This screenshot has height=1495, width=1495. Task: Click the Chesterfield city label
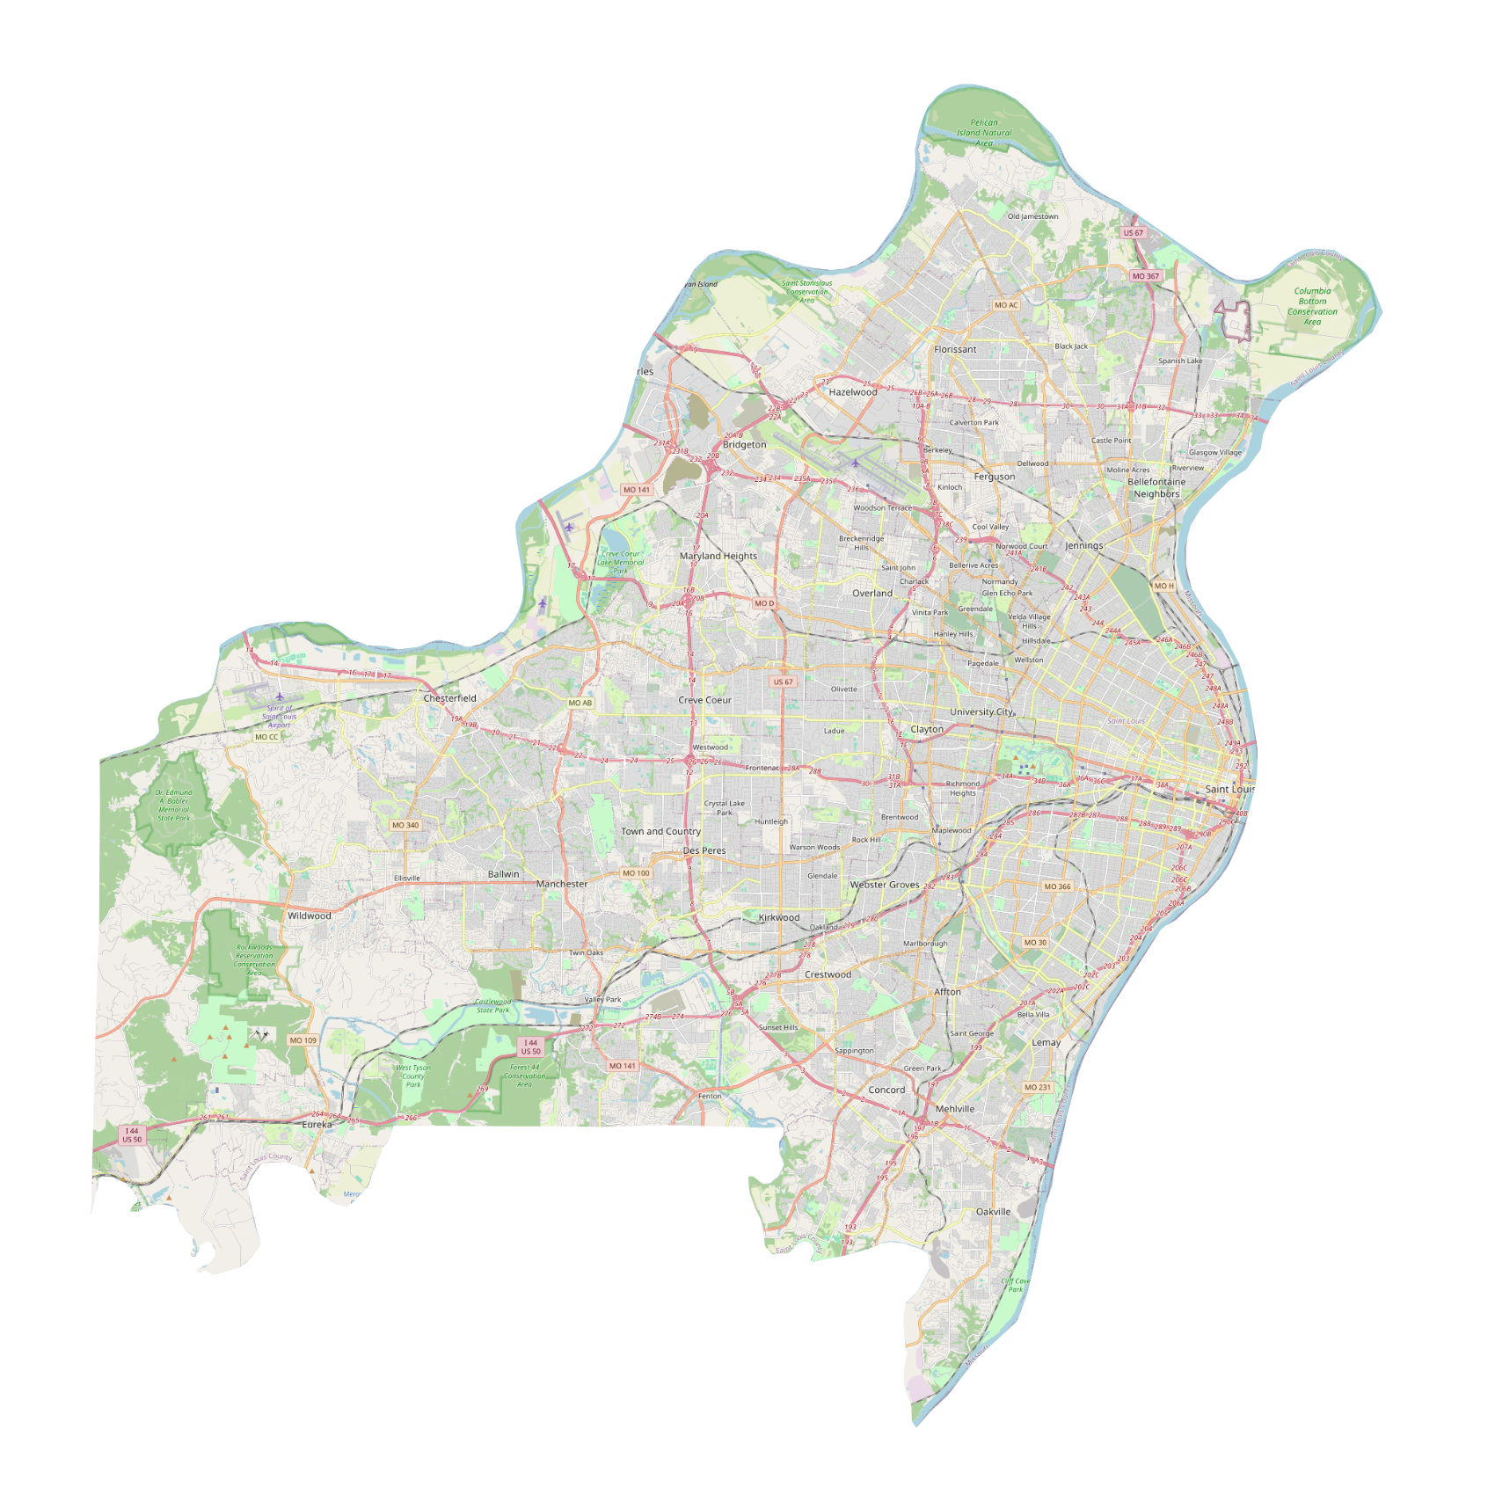click(x=449, y=698)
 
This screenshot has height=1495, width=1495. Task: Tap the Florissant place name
click(x=955, y=349)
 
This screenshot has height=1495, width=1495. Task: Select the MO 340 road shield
click(x=405, y=825)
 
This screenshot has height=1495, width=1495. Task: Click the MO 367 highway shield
click(x=1146, y=276)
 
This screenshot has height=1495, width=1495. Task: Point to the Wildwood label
click(x=310, y=915)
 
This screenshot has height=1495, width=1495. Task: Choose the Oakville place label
click(x=993, y=1212)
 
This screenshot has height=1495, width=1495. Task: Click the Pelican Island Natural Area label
click(x=984, y=133)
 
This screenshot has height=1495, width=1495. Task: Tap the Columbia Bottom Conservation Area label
click(x=1312, y=306)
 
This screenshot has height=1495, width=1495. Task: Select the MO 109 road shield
click(x=303, y=1040)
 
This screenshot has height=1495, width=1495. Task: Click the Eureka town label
click(x=317, y=1125)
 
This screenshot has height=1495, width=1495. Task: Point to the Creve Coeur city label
click(x=704, y=700)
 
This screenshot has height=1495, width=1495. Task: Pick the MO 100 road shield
click(x=636, y=873)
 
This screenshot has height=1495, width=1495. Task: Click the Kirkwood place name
click(x=779, y=917)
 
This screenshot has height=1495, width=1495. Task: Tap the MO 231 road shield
click(x=1037, y=1087)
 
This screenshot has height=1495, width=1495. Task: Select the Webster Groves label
click(x=885, y=885)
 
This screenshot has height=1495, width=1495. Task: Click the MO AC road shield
click(x=1006, y=305)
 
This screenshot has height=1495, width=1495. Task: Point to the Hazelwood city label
click(x=853, y=392)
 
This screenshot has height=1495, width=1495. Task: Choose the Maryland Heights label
click(x=718, y=556)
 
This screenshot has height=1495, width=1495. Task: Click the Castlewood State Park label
click(x=492, y=1005)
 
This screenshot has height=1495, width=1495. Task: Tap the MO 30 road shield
click(x=1035, y=942)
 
